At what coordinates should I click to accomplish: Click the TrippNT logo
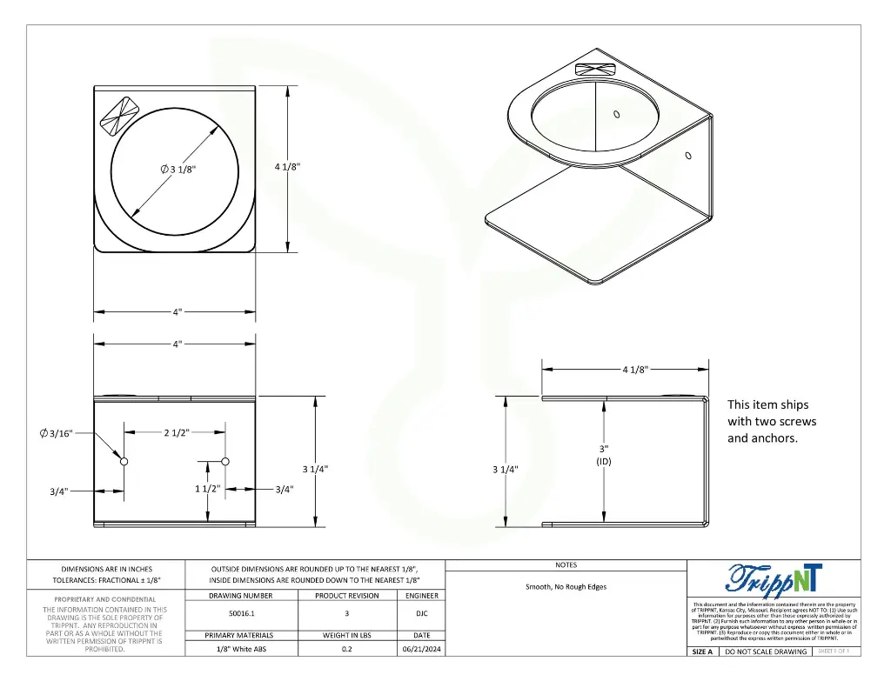point(773,578)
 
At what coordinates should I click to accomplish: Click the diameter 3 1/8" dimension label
point(178,169)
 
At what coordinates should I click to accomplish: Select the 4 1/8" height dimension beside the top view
point(287,167)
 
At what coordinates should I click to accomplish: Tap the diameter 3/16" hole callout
point(57,432)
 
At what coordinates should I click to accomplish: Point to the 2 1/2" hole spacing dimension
point(177,432)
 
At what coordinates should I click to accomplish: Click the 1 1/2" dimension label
point(207,489)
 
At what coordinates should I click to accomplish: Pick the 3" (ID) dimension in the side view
point(604,455)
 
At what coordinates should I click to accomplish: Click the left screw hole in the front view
point(124,461)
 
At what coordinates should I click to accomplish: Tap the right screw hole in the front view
point(225,461)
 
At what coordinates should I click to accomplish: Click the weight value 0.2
point(346,649)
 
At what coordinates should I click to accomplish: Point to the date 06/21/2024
point(423,649)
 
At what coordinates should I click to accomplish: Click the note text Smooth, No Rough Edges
point(566,586)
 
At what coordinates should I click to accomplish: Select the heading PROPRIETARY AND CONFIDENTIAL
point(105,599)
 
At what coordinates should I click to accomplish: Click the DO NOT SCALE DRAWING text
point(767,651)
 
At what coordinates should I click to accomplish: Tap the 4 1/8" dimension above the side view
point(635,370)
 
